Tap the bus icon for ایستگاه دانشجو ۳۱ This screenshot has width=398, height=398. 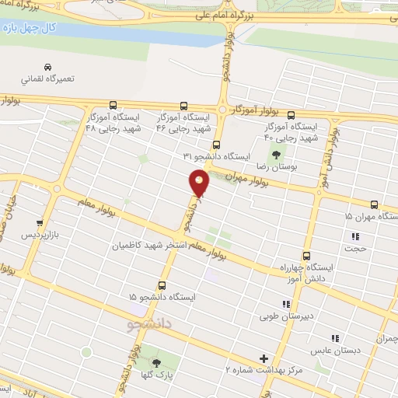click(x=216, y=144)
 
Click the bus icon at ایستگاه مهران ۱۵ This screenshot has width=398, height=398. click(x=375, y=205)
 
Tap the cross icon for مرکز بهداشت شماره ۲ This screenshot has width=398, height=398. click(x=264, y=358)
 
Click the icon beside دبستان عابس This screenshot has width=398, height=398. click(x=335, y=338)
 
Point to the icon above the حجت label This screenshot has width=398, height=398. click(x=355, y=236)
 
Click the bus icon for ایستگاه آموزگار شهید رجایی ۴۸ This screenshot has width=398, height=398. click(x=113, y=105)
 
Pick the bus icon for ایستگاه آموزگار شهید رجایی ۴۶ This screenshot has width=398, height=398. click(x=184, y=105)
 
